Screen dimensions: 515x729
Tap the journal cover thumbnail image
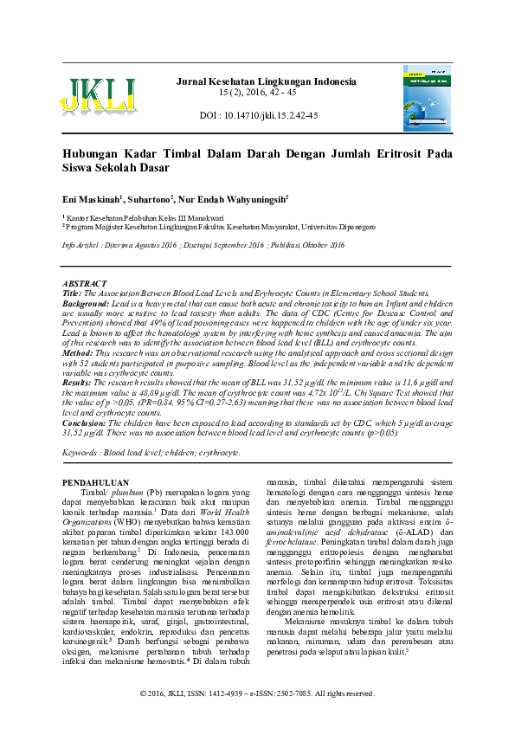click(427, 99)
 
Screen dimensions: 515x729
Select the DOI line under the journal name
click(259, 115)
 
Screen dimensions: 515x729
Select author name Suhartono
click(150, 198)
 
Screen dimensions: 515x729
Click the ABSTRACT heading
click(85, 284)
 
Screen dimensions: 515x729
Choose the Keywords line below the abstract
click(151, 453)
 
